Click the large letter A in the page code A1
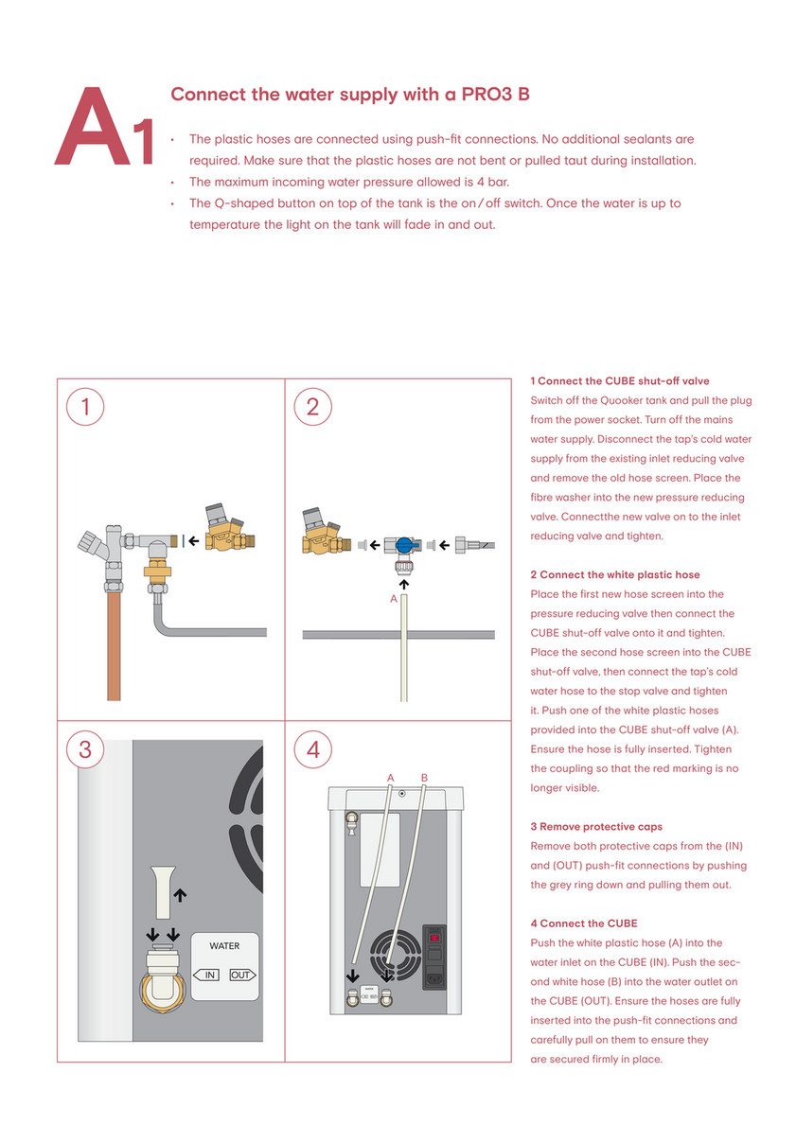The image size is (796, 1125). [x=93, y=130]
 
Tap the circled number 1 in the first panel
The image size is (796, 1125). [x=85, y=408]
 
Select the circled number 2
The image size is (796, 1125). [x=313, y=408]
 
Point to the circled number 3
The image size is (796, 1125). [x=85, y=749]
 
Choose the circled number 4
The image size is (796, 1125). [x=313, y=749]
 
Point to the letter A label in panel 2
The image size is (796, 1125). [x=394, y=599]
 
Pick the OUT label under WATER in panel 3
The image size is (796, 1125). [x=241, y=975]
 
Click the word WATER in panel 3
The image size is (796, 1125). [x=224, y=945]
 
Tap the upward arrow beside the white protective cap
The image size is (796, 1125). [x=181, y=892]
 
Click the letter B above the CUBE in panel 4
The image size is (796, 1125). [x=424, y=778]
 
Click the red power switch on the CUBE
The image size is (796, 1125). [x=436, y=939]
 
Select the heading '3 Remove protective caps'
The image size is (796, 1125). [x=596, y=826]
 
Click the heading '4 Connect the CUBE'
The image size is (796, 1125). [x=584, y=923]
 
